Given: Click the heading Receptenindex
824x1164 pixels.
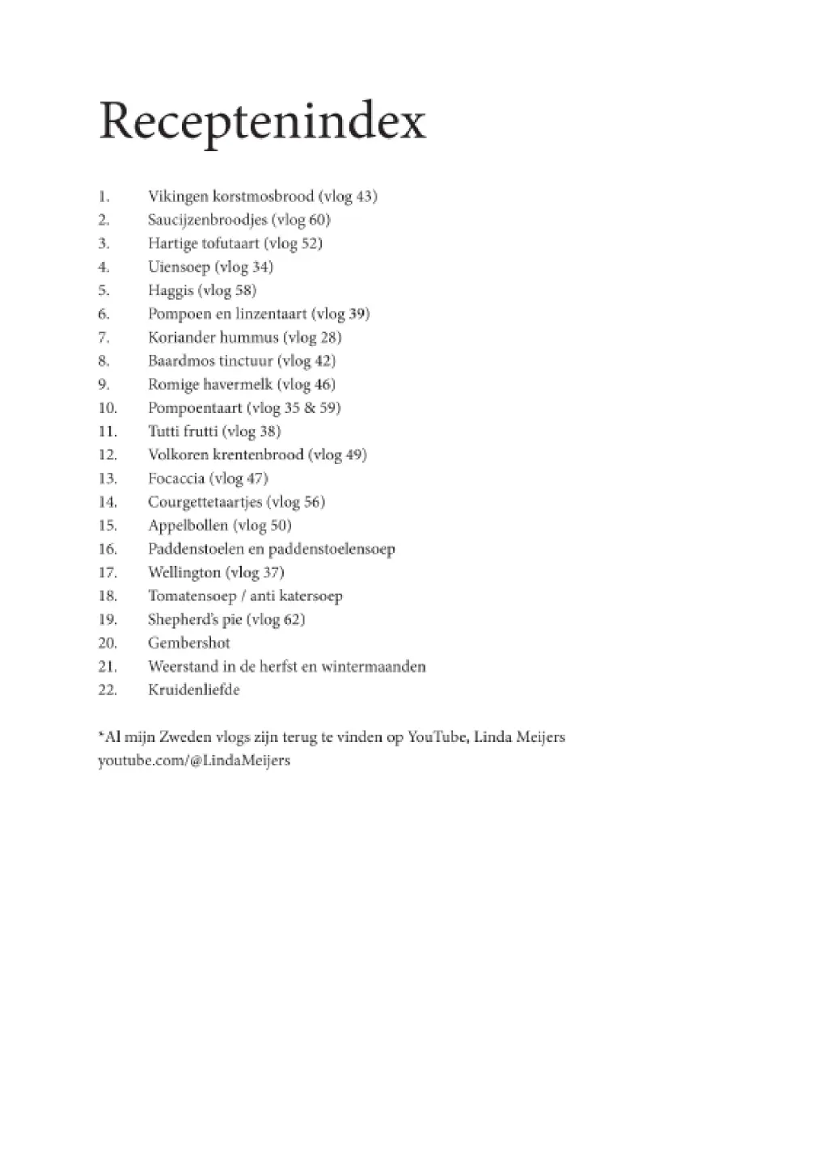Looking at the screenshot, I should click(x=262, y=123).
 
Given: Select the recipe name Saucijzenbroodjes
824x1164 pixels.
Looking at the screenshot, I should click(x=207, y=220).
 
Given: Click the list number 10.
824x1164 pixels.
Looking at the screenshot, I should click(x=108, y=408).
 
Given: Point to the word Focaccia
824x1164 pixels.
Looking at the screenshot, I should click(x=176, y=479).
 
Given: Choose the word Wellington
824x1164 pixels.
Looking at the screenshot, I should click(x=184, y=572).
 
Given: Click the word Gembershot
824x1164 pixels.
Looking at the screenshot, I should click(x=189, y=643).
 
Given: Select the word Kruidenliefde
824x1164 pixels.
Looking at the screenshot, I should click(x=194, y=690).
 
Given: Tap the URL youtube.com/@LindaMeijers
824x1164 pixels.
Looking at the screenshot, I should click(x=194, y=761).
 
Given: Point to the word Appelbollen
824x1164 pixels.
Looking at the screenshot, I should click(x=188, y=525).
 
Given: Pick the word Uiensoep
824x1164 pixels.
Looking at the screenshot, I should click(x=179, y=267).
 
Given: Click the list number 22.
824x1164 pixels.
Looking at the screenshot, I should click(x=108, y=690).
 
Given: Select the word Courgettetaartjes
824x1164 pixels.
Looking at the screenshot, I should click(x=205, y=502).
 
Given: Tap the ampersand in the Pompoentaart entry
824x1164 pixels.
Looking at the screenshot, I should click(x=310, y=408).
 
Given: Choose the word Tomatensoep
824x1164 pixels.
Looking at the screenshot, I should click(x=192, y=597).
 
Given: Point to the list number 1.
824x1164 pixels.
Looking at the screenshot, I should click(x=104, y=196).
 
